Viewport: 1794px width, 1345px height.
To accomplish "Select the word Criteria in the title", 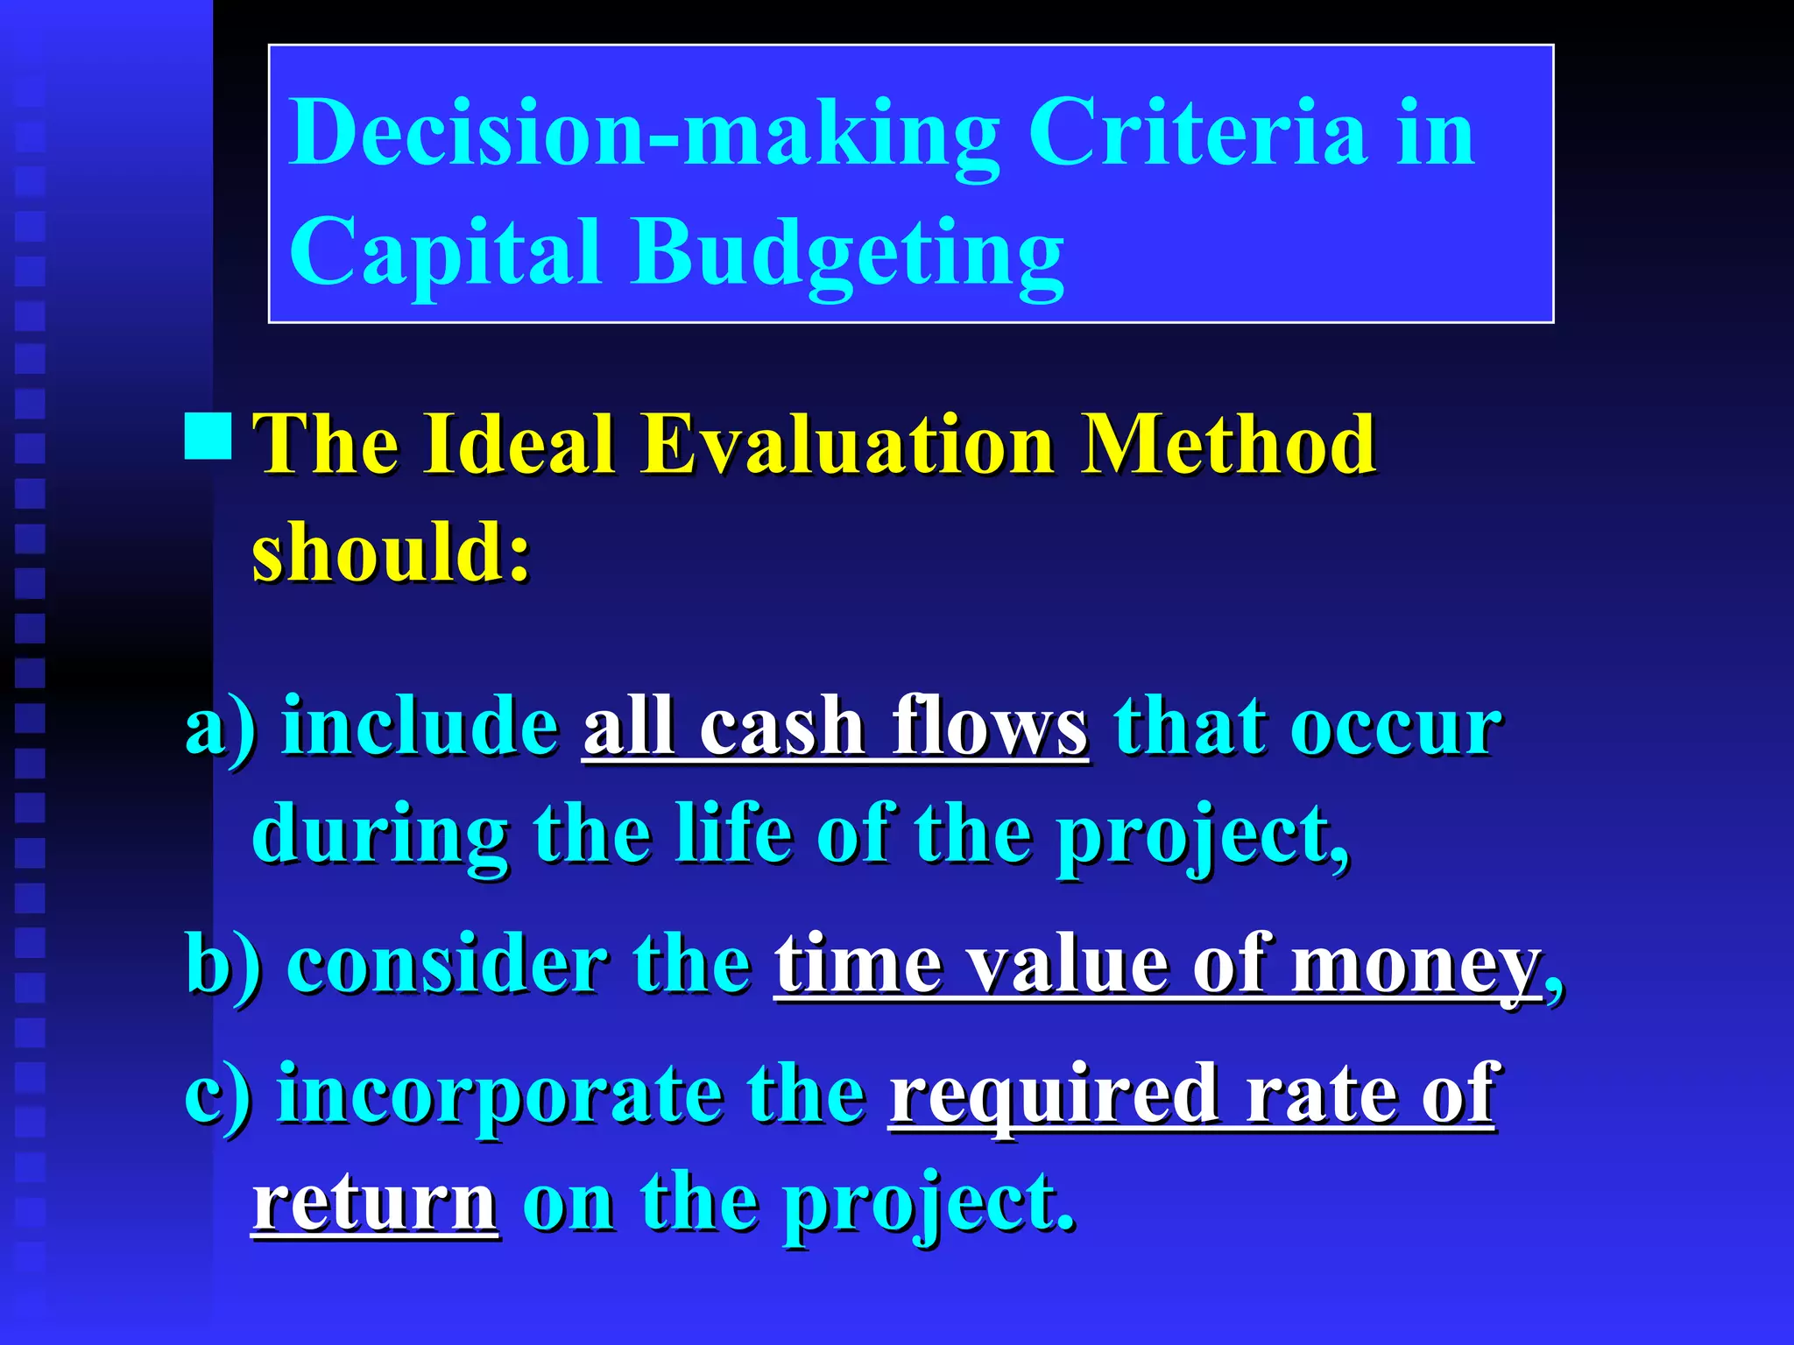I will [x=1197, y=133].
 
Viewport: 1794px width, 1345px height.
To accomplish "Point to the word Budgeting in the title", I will [x=848, y=254].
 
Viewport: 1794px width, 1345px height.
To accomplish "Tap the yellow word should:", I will [x=392, y=552].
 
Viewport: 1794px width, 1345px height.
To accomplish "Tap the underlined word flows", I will [x=989, y=727].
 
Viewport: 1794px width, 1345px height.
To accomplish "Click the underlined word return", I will [x=375, y=1203].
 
